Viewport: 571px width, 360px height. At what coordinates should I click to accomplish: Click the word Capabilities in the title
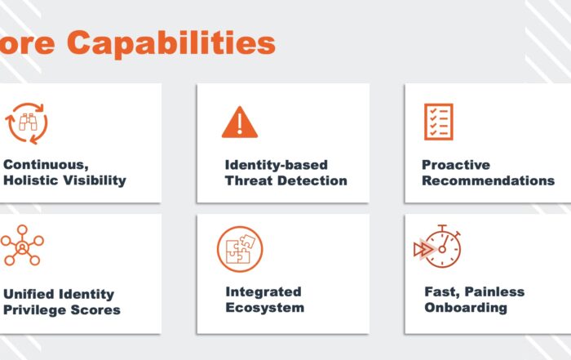click(x=171, y=44)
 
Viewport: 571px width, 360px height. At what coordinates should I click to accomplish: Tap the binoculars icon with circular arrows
click(x=27, y=123)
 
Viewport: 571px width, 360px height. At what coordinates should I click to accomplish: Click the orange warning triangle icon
click(x=240, y=122)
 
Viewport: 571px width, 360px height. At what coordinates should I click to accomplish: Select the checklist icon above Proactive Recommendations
click(x=439, y=122)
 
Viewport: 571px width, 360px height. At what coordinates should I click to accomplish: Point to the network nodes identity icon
click(x=22, y=245)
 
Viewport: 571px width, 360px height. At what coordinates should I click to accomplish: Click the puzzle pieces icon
click(x=240, y=249)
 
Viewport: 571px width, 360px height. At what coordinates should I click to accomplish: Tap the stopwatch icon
click(x=437, y=247)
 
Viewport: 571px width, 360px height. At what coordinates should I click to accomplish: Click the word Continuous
click(x=46, y=165)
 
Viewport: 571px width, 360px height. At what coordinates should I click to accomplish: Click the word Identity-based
click(x=277, y=165)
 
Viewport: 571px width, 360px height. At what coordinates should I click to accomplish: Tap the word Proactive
click(x=456, y=165)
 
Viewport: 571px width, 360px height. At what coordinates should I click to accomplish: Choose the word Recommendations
click(x=489, y=180)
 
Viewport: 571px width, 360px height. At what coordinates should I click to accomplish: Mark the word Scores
click(x=95, y=310)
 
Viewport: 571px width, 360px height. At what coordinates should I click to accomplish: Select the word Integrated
click(x=263, y=292)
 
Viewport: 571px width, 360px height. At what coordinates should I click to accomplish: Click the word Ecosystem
click(x=265, y=308)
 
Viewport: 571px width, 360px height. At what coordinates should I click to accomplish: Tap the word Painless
click(x=494, y=292)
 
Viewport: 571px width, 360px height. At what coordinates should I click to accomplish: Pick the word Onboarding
click(x=466, y=308)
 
